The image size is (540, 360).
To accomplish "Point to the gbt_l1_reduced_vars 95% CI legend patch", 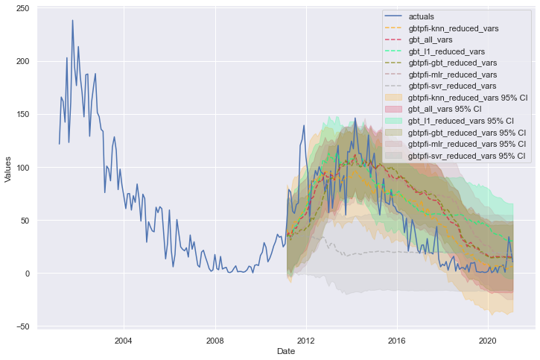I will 395,121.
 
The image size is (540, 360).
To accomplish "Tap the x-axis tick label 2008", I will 215,340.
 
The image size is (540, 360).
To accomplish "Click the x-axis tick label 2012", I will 305,340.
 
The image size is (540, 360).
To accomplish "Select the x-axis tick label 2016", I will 396,340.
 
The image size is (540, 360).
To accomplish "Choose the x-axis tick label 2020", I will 488,340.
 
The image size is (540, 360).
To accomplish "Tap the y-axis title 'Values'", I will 8,168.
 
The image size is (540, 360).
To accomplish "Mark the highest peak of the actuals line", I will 72,20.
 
